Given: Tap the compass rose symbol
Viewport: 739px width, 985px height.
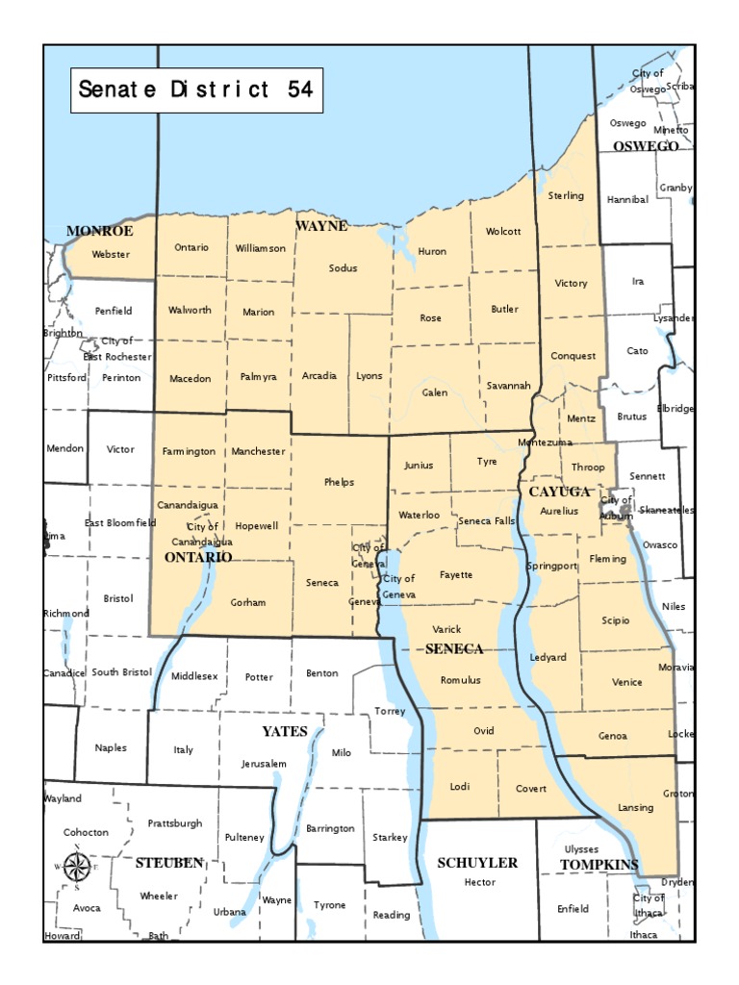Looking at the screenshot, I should click(x=76, y=867).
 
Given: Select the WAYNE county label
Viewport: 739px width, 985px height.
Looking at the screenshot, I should click(x=321, y=226).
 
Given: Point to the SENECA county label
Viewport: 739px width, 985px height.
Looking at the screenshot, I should click(x=454, y=649).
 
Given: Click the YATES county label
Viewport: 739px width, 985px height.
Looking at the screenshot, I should click(x=285, y=731).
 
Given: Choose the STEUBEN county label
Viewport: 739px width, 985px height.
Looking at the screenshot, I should click(x=169, y=863).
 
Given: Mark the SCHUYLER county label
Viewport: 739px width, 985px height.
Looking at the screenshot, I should click(x=477, y=863).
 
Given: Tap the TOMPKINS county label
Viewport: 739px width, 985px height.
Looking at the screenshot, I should click(x=599, y=865).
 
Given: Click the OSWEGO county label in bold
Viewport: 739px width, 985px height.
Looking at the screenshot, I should click(x=646, y=146).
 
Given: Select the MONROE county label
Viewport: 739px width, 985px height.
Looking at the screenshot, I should click(x=99, y=231).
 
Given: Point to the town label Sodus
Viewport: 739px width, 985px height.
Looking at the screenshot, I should click(x=343, y=268).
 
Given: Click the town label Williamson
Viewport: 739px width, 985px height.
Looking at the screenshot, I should click(x=261, y=248).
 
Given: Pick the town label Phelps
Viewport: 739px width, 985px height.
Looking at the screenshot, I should click(x=340, y=482).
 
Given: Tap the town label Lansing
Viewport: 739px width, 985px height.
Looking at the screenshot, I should click(x=635, y=808).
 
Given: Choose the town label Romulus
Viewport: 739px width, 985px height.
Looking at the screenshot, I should click(x=460, y=680).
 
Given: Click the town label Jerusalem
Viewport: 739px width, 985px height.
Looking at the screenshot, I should click(x=265, y=764).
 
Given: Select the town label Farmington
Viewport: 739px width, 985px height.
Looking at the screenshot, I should click(x=190, y=451).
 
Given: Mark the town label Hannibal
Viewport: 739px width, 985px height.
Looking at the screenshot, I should click(x=627, y=200).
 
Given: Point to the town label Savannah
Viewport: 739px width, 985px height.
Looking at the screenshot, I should click(x=508, y=386).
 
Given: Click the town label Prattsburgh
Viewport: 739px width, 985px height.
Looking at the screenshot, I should click(x=175, y=823).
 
